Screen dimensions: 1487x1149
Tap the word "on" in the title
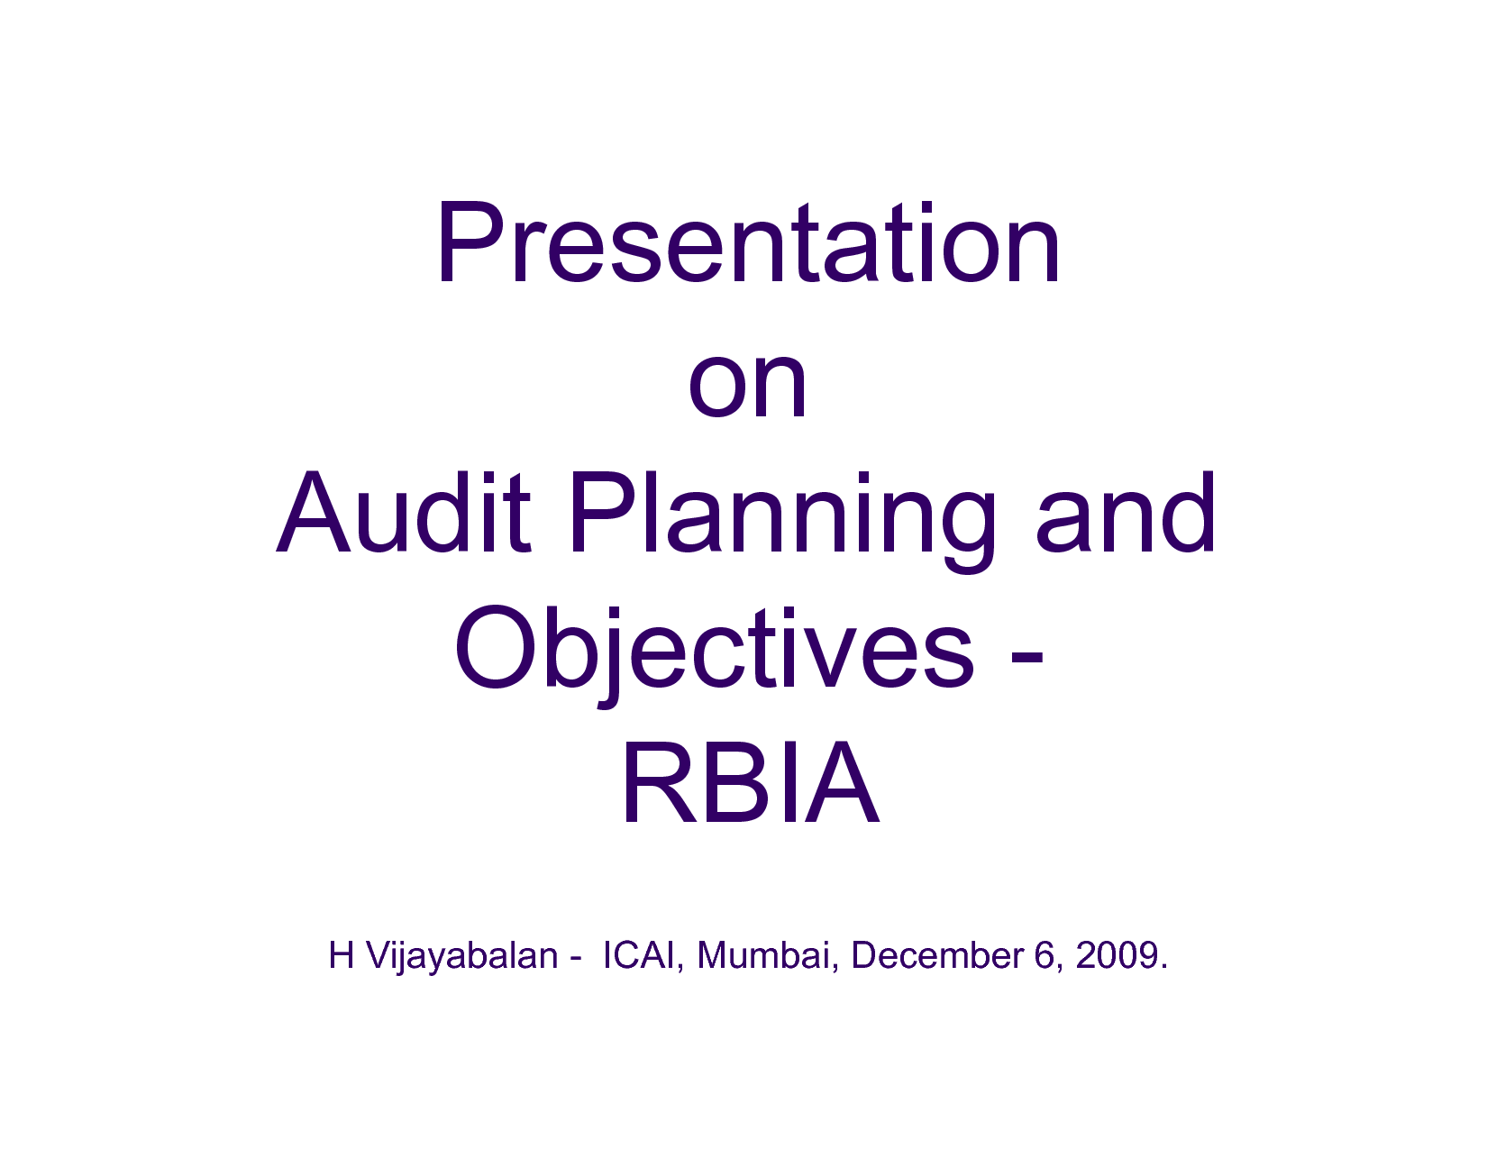click(x=748, y=387)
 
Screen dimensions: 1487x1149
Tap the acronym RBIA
click(x=750, y=782)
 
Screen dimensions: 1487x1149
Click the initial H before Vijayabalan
click(x=341, y=955)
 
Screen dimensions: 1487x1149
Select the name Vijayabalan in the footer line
click(x=462, y=957)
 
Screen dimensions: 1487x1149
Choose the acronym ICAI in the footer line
click(x=638, y=955)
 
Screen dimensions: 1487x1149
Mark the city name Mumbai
click(x=763, y=955)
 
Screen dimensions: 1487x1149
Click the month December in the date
click(x=937, y=955)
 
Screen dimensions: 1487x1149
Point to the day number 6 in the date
click(x=1045, y=956)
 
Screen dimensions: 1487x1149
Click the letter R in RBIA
click(x=658, y=782)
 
